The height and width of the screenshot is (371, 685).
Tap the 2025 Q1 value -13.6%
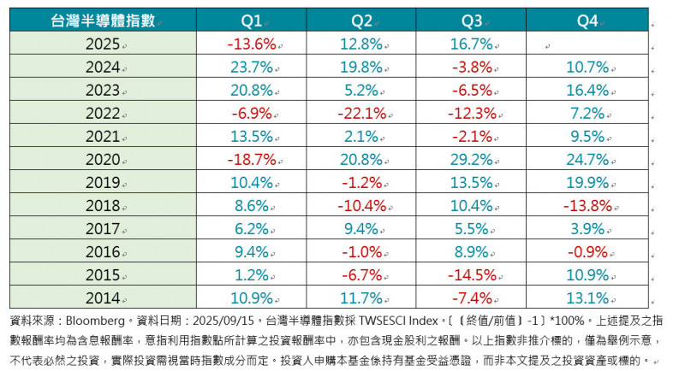coord(250,44)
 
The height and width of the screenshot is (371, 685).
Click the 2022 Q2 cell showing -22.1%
coord(359,113)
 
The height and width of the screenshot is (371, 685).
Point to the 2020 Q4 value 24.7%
coord(587,159)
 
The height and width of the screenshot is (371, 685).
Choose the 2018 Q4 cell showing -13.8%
coord(587,205)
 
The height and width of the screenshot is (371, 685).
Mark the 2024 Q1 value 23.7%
coord(250,67)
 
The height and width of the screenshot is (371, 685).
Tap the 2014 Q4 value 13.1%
coord(587,297)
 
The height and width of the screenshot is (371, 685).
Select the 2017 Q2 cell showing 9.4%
coord(359,228)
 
